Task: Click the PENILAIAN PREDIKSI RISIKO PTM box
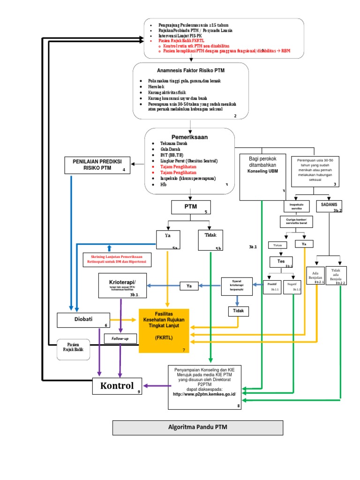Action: [97, 165]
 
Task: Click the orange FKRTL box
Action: [164, 330]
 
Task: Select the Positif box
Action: [272, 286]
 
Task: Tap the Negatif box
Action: [294, 286]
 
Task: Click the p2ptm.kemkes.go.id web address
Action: [204, 394]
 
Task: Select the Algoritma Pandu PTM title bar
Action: [197, 427]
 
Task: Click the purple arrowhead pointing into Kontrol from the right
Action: [146, 386]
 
